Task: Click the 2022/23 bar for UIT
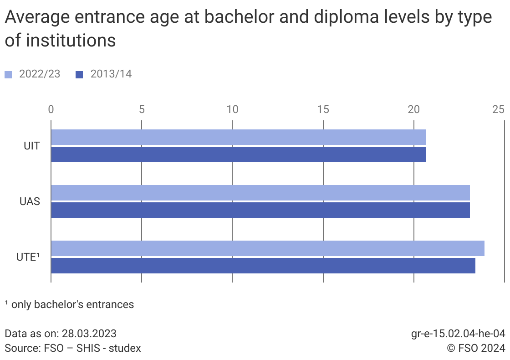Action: click(238, 137)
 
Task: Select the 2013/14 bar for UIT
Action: click(238, 154)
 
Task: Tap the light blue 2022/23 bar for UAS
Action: click(260, 193)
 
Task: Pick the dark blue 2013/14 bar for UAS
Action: click(260, 210)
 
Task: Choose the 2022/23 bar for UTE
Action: click(267, 248)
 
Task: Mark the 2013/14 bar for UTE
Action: click(263, 266)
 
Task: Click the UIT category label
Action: click(32, 146)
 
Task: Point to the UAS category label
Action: click(30, 201)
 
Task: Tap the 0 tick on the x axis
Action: click(51, 109)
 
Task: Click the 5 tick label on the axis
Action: click(142, 109)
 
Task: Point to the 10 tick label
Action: click(232, 109)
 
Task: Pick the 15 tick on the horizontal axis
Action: click(323, 109)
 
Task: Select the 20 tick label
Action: click(413, 109)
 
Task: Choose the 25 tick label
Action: click(499, 109)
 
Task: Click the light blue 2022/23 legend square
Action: click(8, 75)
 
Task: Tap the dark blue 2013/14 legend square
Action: click(80, 75)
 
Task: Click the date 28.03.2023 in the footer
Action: click(90, 333)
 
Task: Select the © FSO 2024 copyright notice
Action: click(476, 348)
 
